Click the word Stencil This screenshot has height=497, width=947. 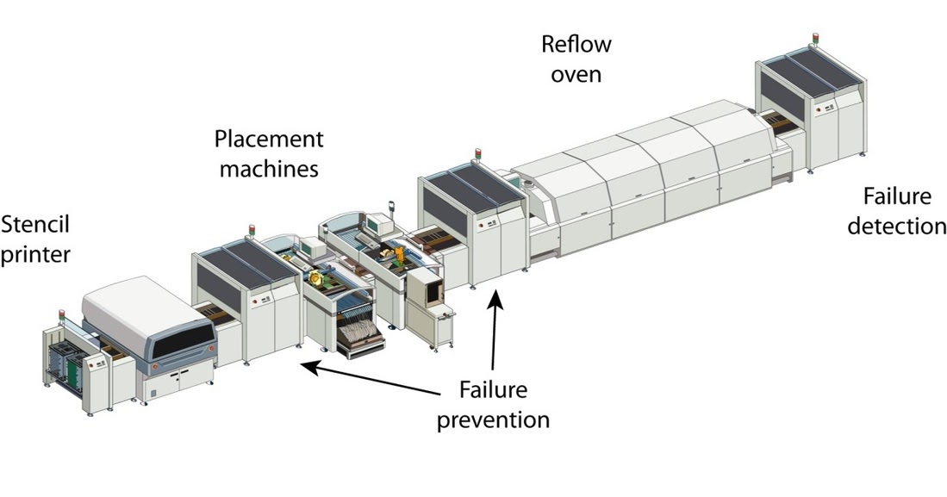pyautogui.click(x=35, y=226)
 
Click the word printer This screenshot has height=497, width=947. pyautogui.click(x=35, y=256)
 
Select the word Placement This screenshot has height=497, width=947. pyautogui.click(x=269, y=139)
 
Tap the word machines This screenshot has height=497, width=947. pyautogui.click(x=269, y=168)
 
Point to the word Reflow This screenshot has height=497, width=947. pyautogui.click(x=576, y=42)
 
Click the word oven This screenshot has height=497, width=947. pyautogui.click(x=576, y=73)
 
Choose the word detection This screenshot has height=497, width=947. pyautogui.click(x=896, y=226)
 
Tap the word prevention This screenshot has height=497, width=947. pyautogui.click(x=493, y=420)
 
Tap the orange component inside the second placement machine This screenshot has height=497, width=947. pyautogui.click(x=402, y=255)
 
